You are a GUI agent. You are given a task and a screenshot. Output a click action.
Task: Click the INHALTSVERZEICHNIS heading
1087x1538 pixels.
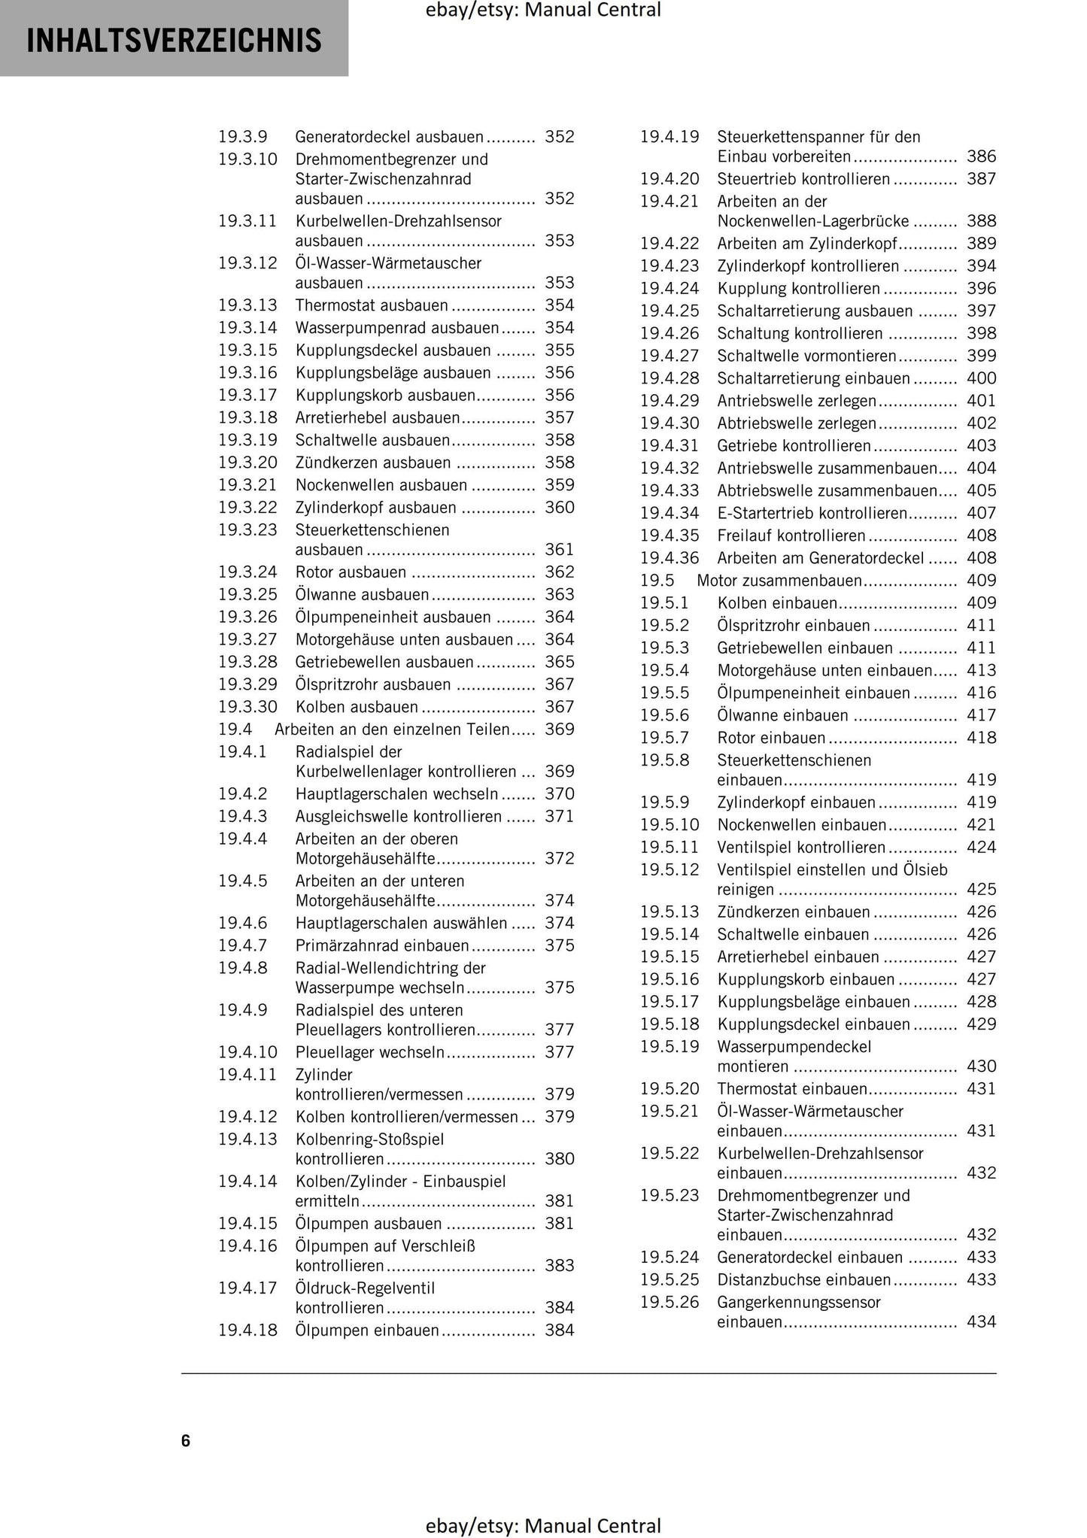(x=174, y=40)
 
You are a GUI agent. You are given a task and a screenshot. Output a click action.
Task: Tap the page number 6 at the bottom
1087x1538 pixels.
(x=186, y=1440)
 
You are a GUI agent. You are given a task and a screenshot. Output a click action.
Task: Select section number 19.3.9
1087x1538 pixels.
(x=243, y=137)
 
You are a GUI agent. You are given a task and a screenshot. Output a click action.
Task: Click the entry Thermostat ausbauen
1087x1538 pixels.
(x=372, y=305)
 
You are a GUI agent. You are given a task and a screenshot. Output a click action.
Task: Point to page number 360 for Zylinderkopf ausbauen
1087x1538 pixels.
(x=559, y=508)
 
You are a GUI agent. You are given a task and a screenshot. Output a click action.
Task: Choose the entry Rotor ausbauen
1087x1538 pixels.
(x=351, y=572)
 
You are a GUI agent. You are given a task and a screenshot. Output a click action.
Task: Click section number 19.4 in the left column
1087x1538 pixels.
(x=235, y=730)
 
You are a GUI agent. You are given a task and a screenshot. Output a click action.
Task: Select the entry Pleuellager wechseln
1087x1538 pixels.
(x=369, y=1052)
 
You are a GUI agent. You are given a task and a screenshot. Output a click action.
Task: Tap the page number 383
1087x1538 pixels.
(x=559, y=1266)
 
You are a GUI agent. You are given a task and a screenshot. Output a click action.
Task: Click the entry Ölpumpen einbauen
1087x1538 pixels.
(x=367, y=1330)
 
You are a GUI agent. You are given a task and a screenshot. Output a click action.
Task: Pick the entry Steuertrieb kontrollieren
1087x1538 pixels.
(x=803, y=179)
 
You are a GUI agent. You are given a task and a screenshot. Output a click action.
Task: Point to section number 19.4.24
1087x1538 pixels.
(x=670, y=289)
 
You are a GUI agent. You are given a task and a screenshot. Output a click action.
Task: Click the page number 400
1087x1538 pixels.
(x=981, y=378)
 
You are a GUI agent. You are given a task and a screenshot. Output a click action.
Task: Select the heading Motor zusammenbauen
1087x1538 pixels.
(x=779, y=581)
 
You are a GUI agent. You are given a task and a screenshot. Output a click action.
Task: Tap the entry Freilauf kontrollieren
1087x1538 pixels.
(x=791, y=535)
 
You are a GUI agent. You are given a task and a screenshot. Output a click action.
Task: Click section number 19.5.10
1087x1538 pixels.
(x=670, y=825)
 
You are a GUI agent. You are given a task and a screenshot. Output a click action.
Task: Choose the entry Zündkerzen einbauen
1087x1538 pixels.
(x=794, y=912)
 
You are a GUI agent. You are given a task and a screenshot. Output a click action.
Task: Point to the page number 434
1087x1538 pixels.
(x=981, y=1321)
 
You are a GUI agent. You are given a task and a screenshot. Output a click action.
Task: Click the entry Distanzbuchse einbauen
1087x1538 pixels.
(x=804, y=1279)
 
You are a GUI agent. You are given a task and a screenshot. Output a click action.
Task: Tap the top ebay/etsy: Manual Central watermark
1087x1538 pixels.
(x=542, y=11)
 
